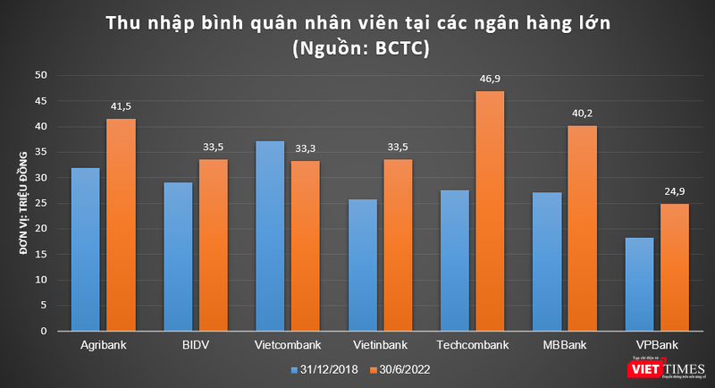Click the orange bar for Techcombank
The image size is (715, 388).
489,211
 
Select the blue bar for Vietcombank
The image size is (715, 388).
270,236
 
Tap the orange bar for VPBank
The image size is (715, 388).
674,267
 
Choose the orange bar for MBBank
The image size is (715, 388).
582,228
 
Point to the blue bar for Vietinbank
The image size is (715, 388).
363,265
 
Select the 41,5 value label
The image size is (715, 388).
120,107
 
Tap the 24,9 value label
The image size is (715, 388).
674,192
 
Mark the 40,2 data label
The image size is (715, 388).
582,114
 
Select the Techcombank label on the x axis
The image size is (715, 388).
472,345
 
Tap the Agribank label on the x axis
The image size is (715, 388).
103,345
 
